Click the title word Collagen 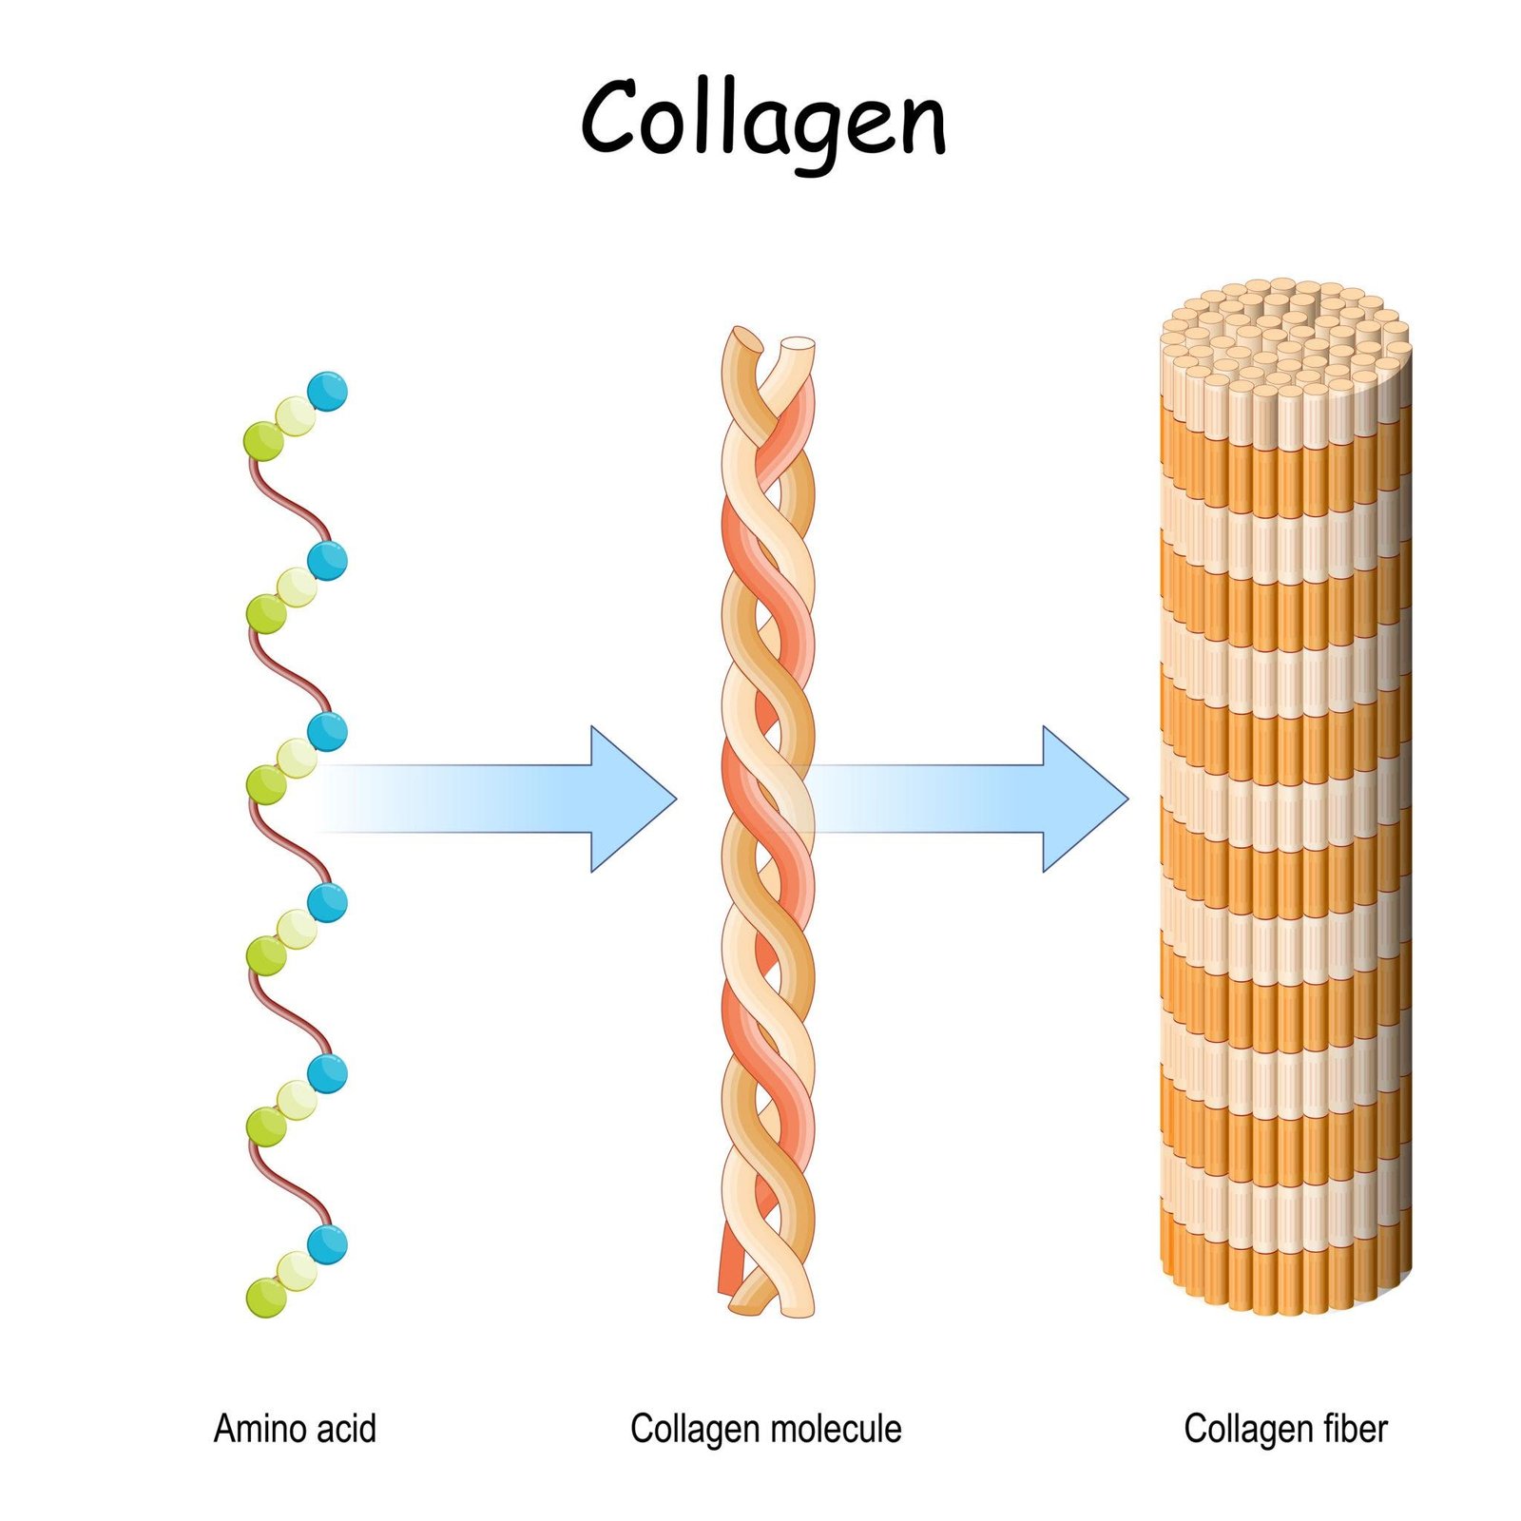point(763,118)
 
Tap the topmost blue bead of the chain point(327,391)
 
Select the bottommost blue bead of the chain point(327,1244)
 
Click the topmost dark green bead point(263,441)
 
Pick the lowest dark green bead point(265,1297)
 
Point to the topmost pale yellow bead point(296,415)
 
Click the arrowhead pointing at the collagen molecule point(632,799)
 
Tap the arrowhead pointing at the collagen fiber point(1085,799)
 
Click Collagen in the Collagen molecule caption point(683,1428)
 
